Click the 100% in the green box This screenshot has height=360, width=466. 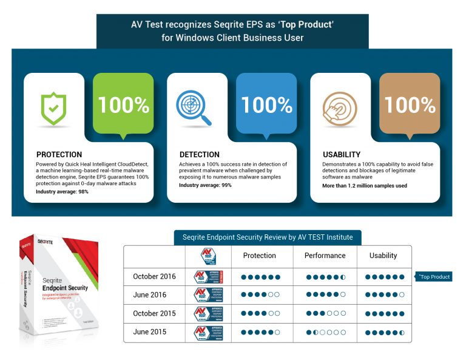pos(123,105)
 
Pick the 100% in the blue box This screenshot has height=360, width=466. pos(266,105)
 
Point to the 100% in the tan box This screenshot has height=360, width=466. pos(410,105)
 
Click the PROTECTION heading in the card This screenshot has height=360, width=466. pos(59,154)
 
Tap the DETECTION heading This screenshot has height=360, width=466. pos(199,154)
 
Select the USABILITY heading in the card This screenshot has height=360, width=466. pos(341,154)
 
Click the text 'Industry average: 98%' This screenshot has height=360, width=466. pos(62,191)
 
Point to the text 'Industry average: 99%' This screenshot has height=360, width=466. pos(205,185)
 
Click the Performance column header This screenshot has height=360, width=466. pos(325,256)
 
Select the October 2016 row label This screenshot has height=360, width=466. pos(154,277)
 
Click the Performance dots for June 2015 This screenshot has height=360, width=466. pos(325,332)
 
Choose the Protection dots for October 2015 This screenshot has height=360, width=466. pos(260,314)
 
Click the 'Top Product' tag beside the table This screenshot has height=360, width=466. pos(434,277)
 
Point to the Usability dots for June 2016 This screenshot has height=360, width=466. pos(385,295)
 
